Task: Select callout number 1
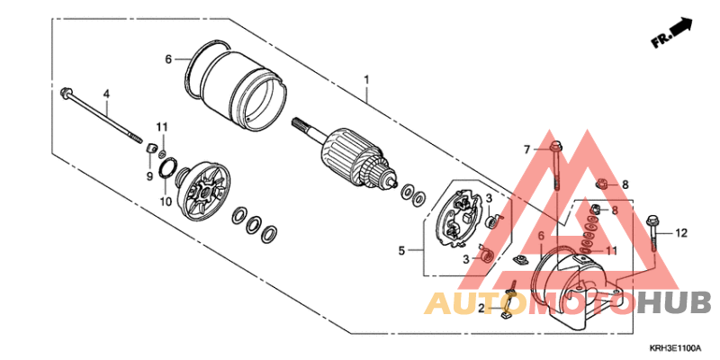coord(366,81)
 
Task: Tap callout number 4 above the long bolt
coord(106,94)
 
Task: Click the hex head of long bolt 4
coord(64,92)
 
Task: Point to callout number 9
coord(149,175)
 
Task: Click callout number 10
coord(166,201)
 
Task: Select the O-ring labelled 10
coord(168,167)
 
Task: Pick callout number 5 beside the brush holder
coord(401,251)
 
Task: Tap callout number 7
coord(527,149)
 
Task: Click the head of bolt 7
coord(554,148)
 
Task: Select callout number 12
coord(681,234)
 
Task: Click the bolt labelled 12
coord(653,233)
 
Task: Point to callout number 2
coord(481,309)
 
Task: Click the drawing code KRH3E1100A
coord(674,347)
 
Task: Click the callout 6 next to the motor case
coord(168,59)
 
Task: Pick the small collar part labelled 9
coord(149,148)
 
